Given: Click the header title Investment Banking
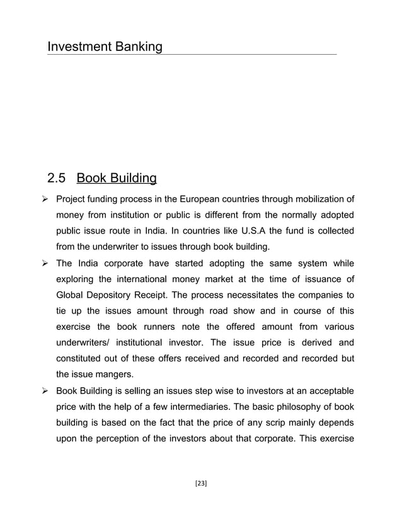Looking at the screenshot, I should (105, 47).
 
